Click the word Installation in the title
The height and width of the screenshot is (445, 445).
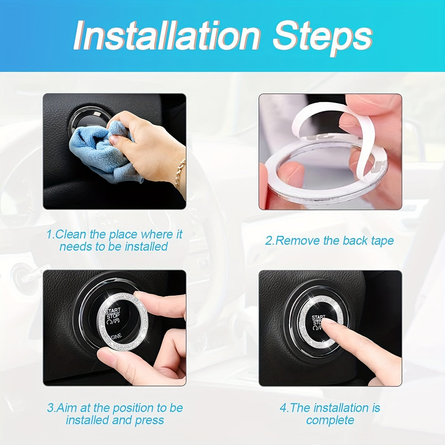pos(167,36)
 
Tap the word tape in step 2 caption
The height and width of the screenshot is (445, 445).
pos(382,241)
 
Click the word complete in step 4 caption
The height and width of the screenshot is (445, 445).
pos(330,420)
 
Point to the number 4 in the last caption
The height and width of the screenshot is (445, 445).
pos(283,408)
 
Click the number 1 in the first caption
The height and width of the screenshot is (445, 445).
pos(49,234)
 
